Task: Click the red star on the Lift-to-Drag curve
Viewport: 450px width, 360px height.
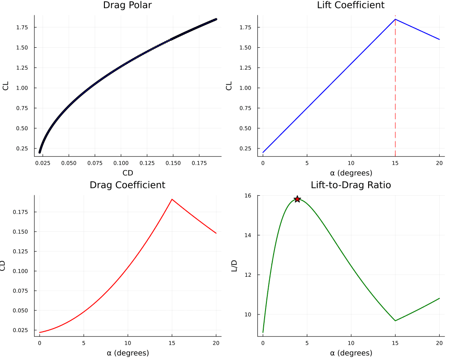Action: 297,199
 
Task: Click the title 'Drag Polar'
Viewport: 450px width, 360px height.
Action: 128,5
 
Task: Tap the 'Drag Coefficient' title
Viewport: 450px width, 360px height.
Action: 127,185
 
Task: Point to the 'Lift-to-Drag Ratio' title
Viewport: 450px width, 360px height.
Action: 351,185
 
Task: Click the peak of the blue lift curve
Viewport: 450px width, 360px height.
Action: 395,19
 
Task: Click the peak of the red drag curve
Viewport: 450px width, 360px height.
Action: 172,199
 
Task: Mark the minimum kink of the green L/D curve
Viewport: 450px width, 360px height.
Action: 395,321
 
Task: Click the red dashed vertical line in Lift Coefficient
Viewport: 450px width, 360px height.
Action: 395,90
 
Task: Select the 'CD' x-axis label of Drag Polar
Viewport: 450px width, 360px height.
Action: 128,172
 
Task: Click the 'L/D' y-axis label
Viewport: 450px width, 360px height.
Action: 234,265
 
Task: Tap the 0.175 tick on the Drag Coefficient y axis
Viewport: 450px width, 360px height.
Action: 23,211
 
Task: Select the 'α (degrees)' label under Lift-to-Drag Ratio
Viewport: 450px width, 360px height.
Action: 351,353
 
